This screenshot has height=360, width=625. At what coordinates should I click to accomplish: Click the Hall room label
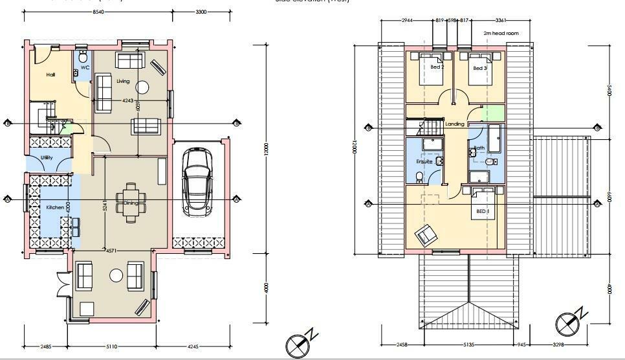tap(50, 75)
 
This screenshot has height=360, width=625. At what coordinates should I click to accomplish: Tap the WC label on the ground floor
tap(85, 67)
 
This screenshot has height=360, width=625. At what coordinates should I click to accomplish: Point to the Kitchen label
tap(55, 207)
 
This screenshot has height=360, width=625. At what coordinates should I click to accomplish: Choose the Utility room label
tap(47, 157)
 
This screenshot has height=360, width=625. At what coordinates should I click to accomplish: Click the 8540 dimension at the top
tap(99, 12)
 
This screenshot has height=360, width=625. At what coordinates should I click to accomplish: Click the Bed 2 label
tap(437, 67)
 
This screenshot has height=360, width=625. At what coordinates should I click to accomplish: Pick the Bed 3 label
tap(479, 67)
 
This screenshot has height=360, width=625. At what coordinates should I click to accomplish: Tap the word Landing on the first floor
tap(455, 124)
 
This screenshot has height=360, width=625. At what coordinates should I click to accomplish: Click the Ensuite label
tap(424, 161)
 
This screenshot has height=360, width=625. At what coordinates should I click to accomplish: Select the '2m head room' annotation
tap(497, 32)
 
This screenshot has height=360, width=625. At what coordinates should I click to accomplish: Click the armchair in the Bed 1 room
tap(426, 234)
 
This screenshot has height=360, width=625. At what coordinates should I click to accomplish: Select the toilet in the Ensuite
tap(420, 176)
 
